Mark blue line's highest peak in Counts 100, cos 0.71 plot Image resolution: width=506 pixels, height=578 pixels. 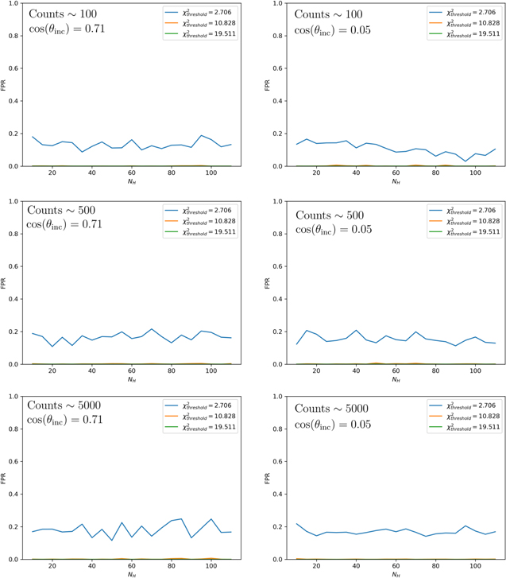[x=202, y=136]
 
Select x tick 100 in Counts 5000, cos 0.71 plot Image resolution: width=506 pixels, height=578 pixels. [x=211, y=567]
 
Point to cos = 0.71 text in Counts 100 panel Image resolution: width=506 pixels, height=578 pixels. [x=65, y=29]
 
